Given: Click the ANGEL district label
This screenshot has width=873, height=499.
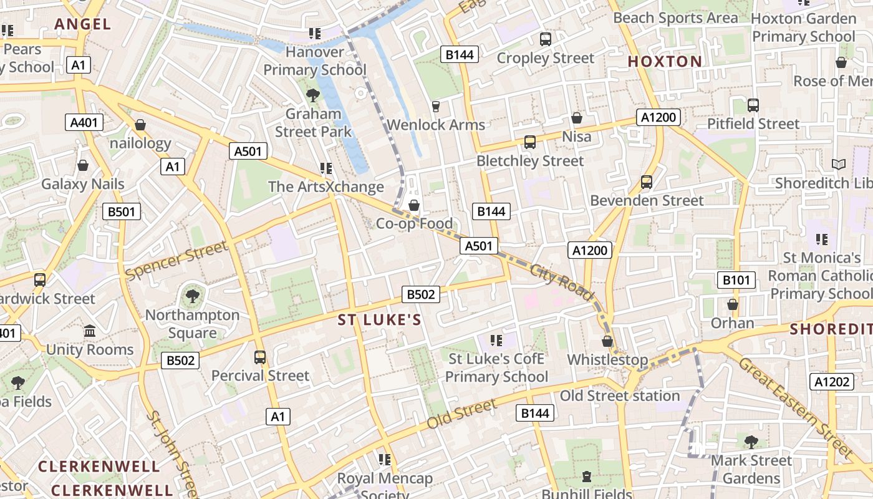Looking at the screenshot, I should point(82,24).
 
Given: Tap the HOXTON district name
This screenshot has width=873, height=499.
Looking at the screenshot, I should point(665,61).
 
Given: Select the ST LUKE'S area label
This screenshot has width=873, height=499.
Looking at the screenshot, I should point(379,321).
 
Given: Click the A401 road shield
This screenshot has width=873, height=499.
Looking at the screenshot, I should point(84,122).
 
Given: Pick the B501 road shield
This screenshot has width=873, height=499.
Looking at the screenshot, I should point(122,211).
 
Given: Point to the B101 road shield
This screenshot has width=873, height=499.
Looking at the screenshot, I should point(736,280).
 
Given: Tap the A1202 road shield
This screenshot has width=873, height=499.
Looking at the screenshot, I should point(832,382).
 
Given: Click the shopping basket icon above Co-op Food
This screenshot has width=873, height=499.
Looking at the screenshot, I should point(413,205).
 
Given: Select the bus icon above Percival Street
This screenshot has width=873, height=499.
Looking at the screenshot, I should point(260,357).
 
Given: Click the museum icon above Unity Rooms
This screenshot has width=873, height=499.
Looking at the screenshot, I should point(90,331).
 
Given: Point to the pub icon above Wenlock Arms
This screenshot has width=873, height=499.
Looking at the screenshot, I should point(436,106).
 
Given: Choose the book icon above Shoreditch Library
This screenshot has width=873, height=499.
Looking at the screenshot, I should point(839,164).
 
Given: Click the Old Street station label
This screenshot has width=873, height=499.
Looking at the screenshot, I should point(620,395).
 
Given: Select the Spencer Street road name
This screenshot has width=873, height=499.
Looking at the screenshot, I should point(177,260).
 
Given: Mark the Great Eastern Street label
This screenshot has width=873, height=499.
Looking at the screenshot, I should point(795,407).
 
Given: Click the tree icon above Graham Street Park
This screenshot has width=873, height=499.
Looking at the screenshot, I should point(313,95).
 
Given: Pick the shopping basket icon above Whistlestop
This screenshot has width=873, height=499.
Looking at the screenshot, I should point(607,341).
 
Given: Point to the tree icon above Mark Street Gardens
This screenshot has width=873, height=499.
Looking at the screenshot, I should point(751,442).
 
